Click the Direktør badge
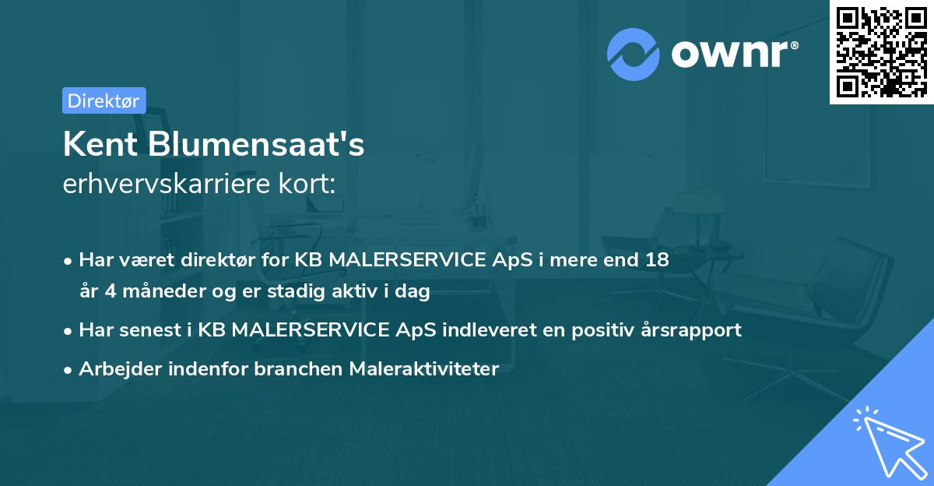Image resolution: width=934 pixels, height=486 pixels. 104,100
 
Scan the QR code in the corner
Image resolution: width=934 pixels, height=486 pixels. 881,51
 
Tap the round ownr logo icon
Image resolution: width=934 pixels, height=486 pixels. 634,55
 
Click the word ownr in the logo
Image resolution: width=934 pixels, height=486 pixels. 729,55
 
